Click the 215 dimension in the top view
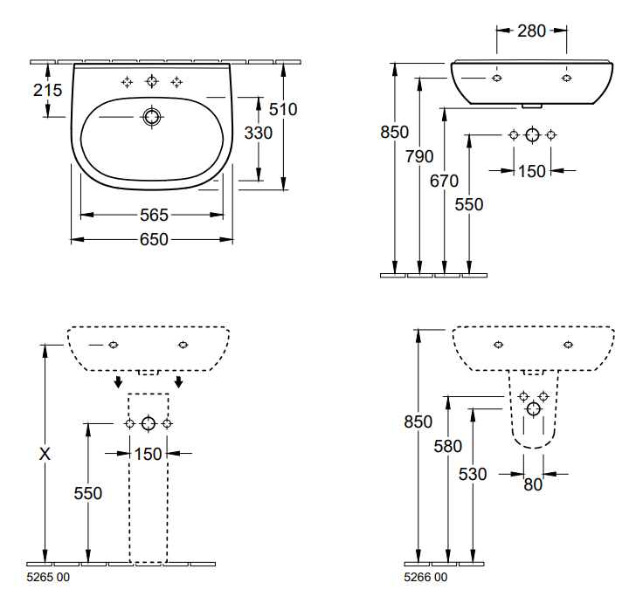pyautogui.click(x=49, y=90)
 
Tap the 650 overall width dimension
pyautogui.click(x=152, y=239)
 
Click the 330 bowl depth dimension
pyautogui.click(x=258, y=133)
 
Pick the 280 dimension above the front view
pyautogui.click(x=531, y=31)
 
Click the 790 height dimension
pyautogui.click(x=419, y=157)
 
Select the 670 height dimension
pyautogui.click(x=445, y=182)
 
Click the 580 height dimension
pyautogui.click(x=447, y=446)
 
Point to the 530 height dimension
pyautogui.click(x=473, y=474)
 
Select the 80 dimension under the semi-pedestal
pyautogui.click(x=533, y=485)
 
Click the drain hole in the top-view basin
pyautogui.click(x=152, y=116)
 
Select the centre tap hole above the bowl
pyautogui.click(x=152, y=82)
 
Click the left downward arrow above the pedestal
pyautogui.click(x=117, y=382)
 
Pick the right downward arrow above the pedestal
pyautogui.click(x=179, y=382)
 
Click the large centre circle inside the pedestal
pyautogui.click(x=148, y=424)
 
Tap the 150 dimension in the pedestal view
pyautogui.click(x=148, y=454)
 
